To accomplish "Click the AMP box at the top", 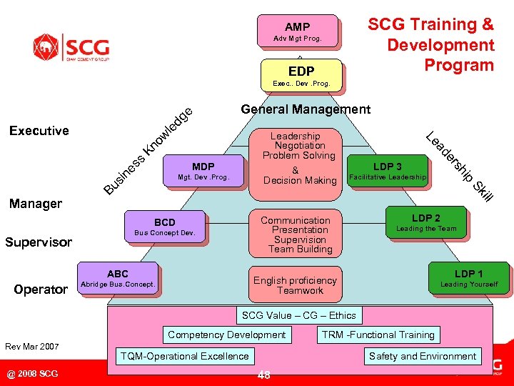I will [x=298, y=31].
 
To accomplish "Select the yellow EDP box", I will [x=301, y=71].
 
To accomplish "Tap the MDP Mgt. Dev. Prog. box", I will [x=203, y=172].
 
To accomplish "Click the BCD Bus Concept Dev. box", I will [x=165, y=227].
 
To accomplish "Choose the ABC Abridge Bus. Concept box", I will [x=118, y=279].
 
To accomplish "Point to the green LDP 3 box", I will [x=388, y=172].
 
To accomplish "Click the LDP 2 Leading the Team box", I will [x=426, y=223].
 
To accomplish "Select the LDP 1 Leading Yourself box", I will [x=469, y=279].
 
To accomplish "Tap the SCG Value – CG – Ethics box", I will [x=298, y=315].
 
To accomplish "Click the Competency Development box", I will [x=226, y=335].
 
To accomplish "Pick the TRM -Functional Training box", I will [x=378, y=335].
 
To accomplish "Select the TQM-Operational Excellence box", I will [x=185, y=356].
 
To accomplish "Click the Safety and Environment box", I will [x=422, y=356].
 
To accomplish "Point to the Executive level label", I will [x=39, y=130].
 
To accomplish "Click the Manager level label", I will [x=36, y=204].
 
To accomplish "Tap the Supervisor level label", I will [x=39, y=242].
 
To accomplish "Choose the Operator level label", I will [x=40, y=289].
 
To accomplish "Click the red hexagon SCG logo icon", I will [x=46, y=47].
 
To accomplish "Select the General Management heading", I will [x=306, y=109].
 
